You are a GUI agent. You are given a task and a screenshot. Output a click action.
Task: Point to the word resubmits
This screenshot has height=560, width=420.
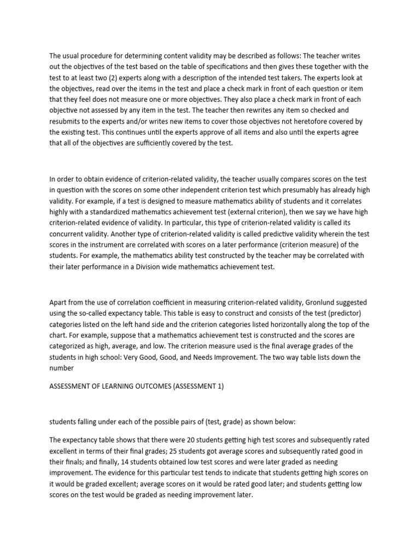pos(69,120)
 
